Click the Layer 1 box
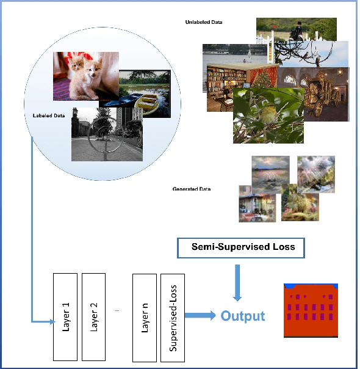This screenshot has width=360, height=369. [x=66, y=316]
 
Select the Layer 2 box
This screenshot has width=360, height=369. [x=94, y=316]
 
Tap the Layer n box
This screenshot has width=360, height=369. [x=145, y=316]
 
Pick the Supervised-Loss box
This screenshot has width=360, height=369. [x=173, y=316]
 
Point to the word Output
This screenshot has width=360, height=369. [x=242, y=316]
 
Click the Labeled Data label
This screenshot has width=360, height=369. [x=48, y=115]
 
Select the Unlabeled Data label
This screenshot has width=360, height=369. [x=203, y=23]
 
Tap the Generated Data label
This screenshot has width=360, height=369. [x=192, y=189]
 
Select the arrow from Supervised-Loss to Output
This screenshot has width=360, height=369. [x=200, y=315]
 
